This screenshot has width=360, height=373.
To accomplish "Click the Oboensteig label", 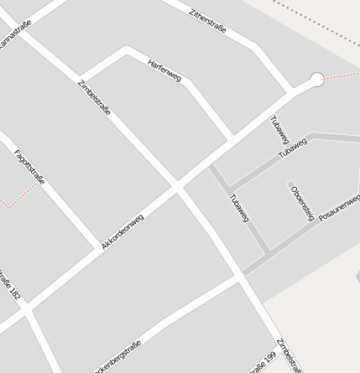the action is (x=301, y=204).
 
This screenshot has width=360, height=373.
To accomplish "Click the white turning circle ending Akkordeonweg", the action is (x=316, y=80).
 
